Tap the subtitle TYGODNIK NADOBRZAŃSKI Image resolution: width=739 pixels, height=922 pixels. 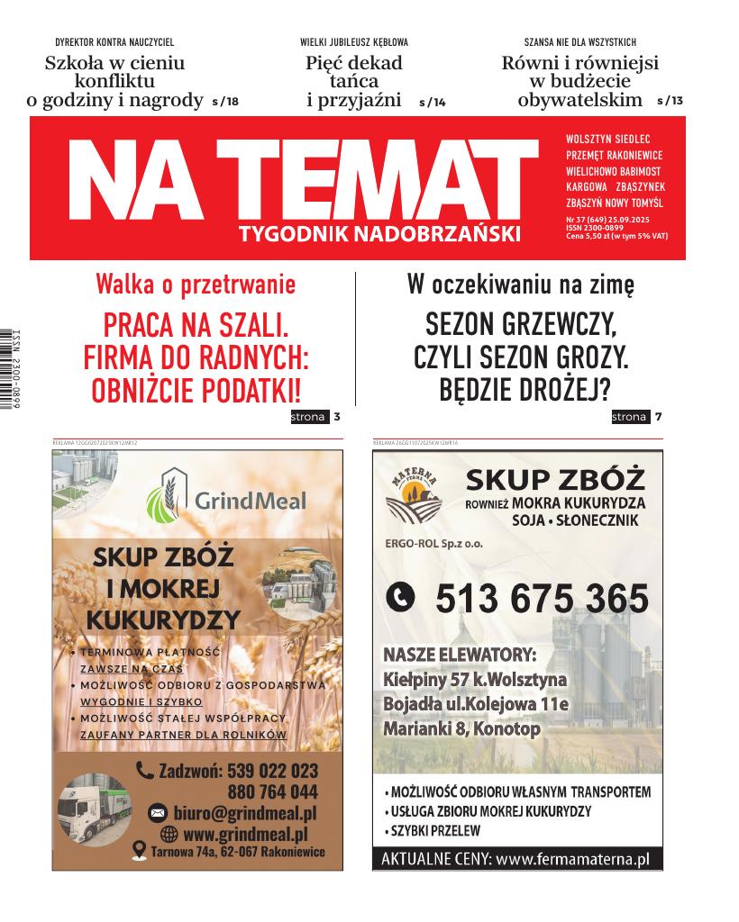click(380, 235)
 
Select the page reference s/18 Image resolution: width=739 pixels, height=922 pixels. click(224, 102)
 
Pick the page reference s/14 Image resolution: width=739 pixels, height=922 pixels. click(433, 103)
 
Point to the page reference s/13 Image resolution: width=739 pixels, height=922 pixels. click(671, 101)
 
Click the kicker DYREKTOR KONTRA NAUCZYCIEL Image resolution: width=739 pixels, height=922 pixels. click(114, 42)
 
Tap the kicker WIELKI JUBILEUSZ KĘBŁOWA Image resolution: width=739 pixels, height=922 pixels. click(354, 42)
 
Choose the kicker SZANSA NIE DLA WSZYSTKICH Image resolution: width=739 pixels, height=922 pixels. click(580, 42)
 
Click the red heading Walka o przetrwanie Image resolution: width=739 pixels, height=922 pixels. click(196, 285)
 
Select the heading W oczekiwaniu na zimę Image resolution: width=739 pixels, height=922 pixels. click(521, 285)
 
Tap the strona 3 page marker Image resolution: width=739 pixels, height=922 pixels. click(315, 417)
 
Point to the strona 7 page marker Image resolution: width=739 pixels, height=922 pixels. click(637, 417)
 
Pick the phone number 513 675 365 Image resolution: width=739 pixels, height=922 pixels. click(542, 598)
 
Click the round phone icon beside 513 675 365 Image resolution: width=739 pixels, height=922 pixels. click(401, 596)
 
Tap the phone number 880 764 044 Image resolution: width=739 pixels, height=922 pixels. click(272, 792)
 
